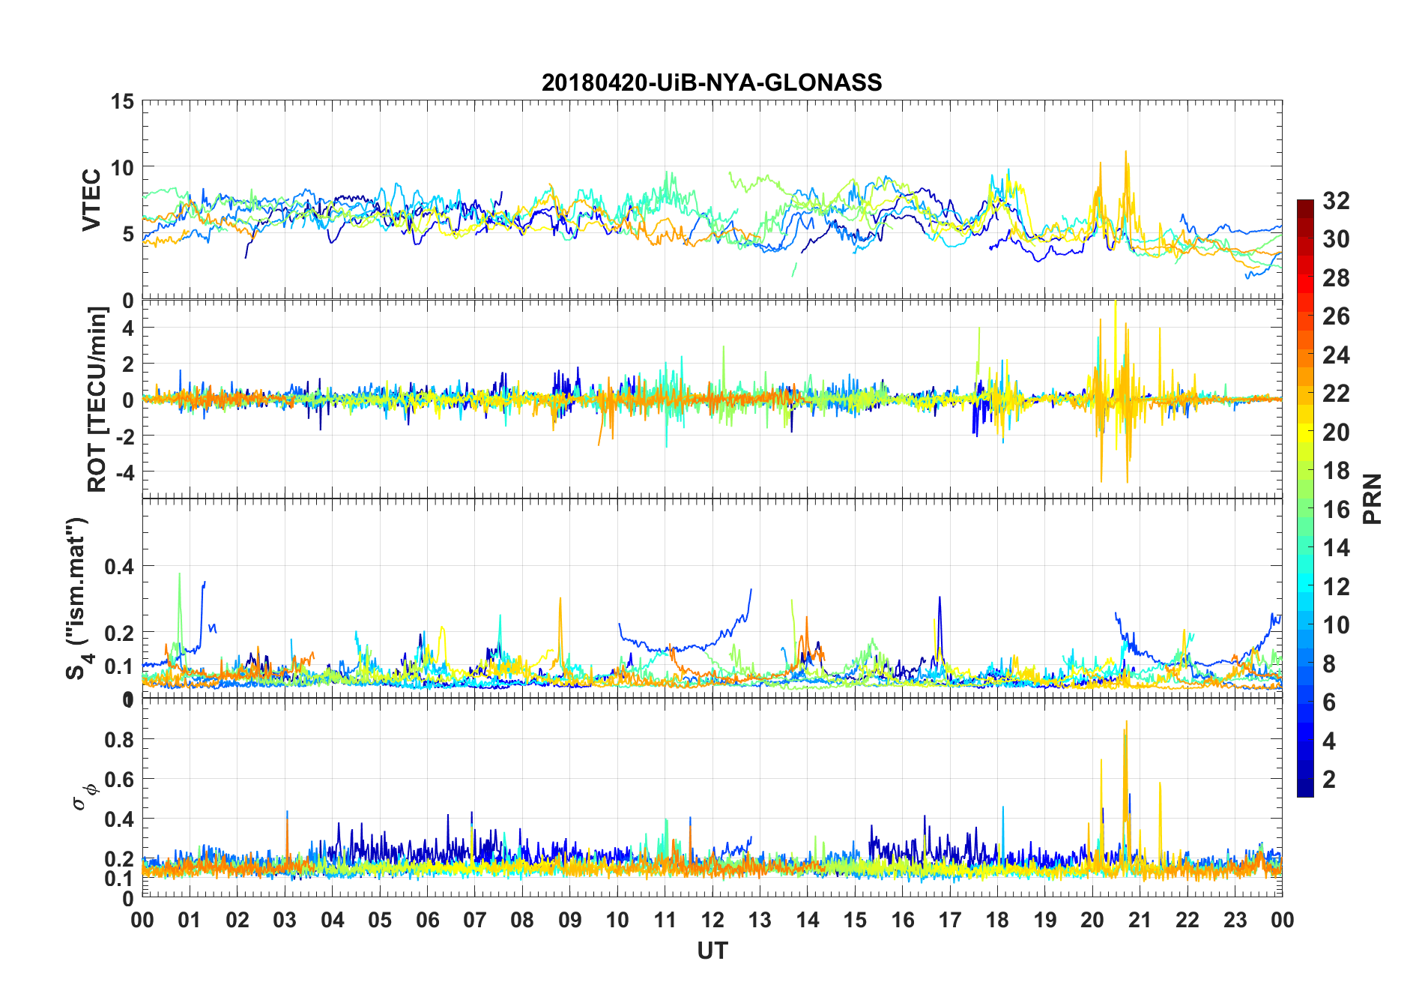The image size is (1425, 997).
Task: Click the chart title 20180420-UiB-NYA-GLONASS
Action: coord(712,82)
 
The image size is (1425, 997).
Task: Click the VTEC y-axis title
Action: coord(91,200)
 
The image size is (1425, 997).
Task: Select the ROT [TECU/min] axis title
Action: coord(97,399)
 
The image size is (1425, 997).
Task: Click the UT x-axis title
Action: coord(712,951)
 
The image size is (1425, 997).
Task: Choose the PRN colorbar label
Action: coord(1373,498)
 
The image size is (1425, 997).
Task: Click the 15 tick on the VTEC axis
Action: coord(122,101)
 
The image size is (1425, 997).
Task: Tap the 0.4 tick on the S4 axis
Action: coord(119,567)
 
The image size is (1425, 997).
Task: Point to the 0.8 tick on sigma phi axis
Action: coord(119,740)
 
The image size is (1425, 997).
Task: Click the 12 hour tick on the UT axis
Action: coord(712,920)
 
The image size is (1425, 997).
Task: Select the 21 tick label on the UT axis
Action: coord(1140,920)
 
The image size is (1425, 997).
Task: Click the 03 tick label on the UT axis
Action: coord(285,920)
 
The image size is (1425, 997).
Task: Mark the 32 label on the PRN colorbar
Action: coord(1336,201)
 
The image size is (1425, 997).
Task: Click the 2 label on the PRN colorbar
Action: coord(1329,780)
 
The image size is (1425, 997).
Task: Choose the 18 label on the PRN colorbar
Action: coord(1336,471)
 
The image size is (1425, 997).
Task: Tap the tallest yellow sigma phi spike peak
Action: coord(1126,721)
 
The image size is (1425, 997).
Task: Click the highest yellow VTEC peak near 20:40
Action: coord(1125,151)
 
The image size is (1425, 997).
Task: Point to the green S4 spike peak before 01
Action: coord(179,574)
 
